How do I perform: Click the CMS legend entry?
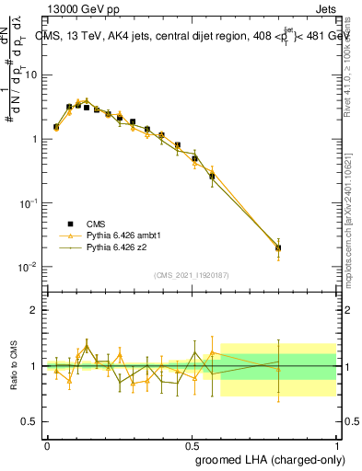[97, 224]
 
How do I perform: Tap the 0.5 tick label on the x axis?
[193, 444]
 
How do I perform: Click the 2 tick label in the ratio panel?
[36, 310]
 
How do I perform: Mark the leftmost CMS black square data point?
[56, 127]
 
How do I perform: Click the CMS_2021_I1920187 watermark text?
[193, 275]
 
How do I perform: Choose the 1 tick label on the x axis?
[337, 444]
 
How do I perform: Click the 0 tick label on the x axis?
[47, 444]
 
